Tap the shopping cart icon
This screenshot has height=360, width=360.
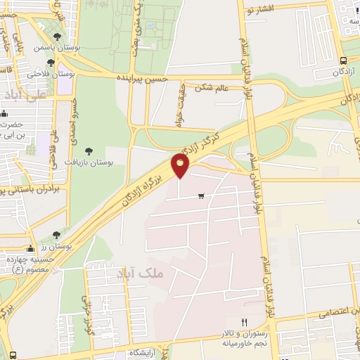point(202,195)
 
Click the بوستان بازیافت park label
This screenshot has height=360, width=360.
point(93,162)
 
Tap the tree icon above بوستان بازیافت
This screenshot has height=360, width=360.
point(89,150)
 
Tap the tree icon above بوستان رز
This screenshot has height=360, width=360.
point(56,234)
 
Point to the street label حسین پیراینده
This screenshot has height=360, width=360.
point(142,77)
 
